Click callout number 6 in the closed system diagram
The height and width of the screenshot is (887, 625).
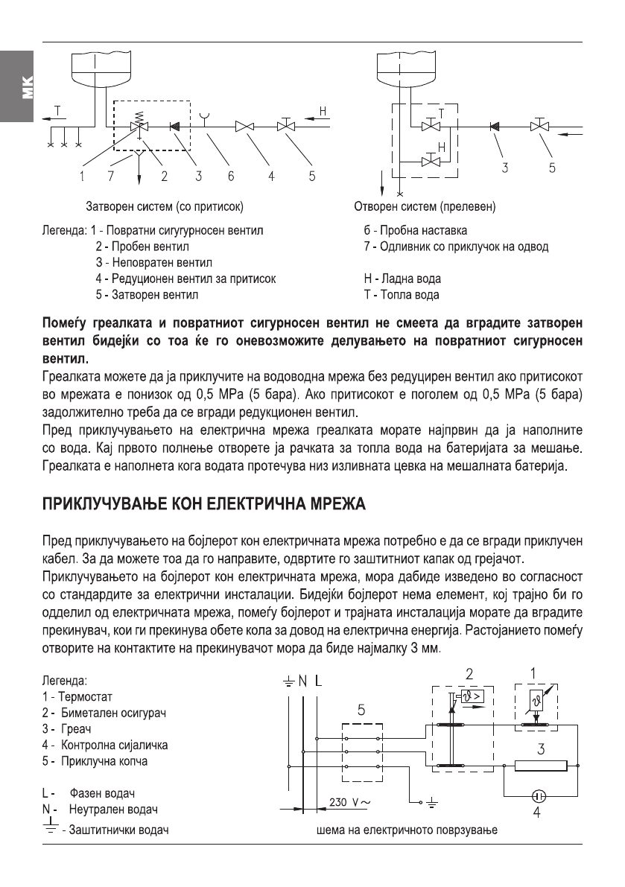tap(232, 176)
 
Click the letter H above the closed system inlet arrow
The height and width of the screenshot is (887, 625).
tap(322, 112)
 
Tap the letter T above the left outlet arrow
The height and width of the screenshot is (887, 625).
tap(60, 112)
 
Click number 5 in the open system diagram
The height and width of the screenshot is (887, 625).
tap(552, 168)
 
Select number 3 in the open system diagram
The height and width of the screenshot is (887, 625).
tap(504, 168)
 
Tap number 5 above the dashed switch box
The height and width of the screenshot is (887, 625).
tap(361, 710)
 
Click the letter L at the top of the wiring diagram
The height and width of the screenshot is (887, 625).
tap(319, 680)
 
